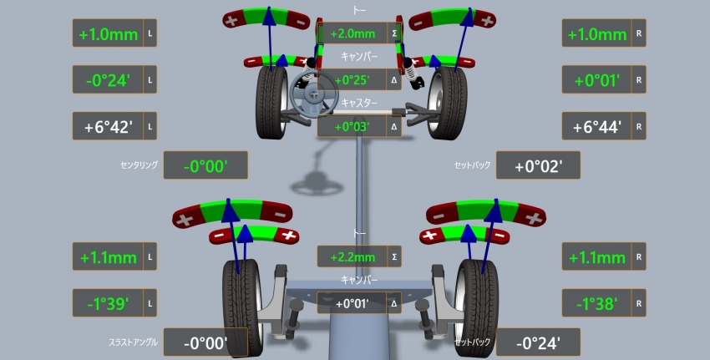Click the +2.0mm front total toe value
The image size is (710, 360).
352,34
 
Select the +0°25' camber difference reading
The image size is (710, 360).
352,80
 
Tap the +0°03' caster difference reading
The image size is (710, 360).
352,127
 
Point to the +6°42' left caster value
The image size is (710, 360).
108,127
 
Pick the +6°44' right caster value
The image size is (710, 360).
596,127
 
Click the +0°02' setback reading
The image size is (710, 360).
539,166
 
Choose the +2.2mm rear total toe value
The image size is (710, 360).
352,257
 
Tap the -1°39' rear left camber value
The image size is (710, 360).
108,303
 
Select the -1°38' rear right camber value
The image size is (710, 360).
596,303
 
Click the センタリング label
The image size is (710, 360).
139,165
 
